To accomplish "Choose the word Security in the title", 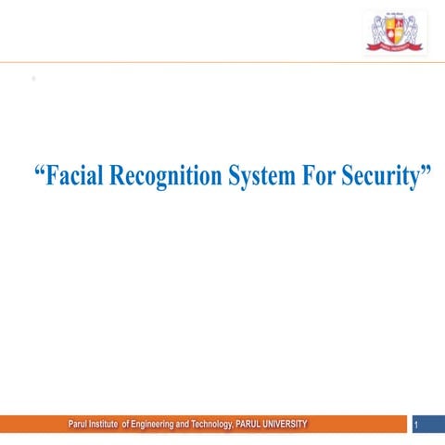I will (x=380, y=177).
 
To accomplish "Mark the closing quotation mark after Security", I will (x=426, y=172).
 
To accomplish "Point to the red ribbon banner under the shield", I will (x=395, y=46).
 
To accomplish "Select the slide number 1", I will (x=418, y=426).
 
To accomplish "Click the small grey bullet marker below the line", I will (x=33, y=79).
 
